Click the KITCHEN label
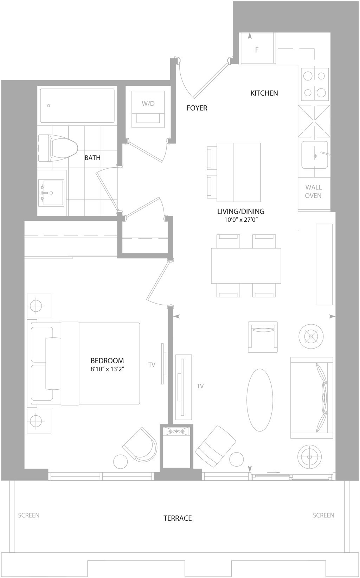[x=264, y=93]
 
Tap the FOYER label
[x=197, y=108]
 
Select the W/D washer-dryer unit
[x=148, y=109]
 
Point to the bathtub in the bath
[x=77, y=106]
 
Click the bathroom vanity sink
[x=51, y=193]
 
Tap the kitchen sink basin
[x=315, y=155]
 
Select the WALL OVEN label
[x=313, y=191]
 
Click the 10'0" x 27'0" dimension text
[x=241, y=220]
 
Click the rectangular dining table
[x=246, y=266]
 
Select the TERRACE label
[x=178, y=518]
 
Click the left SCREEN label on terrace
[x=29, y=515]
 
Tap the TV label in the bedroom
[x=152, y=365]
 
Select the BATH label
[x=92, y=158]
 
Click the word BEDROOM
[x=107, y=361]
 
